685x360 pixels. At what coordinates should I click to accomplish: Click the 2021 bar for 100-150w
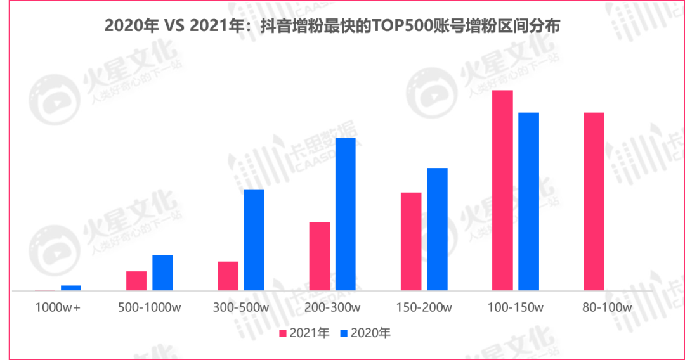pos(502,190)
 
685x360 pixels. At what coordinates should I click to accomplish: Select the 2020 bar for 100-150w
pos(528,202)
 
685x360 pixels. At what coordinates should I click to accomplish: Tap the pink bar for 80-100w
pos(594,202)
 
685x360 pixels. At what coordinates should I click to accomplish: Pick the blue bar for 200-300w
pos(346,214)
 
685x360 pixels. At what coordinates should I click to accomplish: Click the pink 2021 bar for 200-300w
pos(320,256)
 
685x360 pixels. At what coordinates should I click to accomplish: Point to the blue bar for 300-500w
pos(254,240)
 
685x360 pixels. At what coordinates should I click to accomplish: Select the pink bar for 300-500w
pos(228,276)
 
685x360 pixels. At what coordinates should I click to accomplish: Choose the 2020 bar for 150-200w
pos(437,229)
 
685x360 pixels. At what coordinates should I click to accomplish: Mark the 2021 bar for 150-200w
pos(411,241)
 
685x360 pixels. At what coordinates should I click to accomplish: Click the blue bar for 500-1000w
pos(162,273)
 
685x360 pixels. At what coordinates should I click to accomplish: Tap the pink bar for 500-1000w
pos(136,281)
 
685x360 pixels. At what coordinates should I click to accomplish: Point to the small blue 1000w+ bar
pos(71,288)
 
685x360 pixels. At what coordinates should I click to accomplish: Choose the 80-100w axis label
pos(607,308)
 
